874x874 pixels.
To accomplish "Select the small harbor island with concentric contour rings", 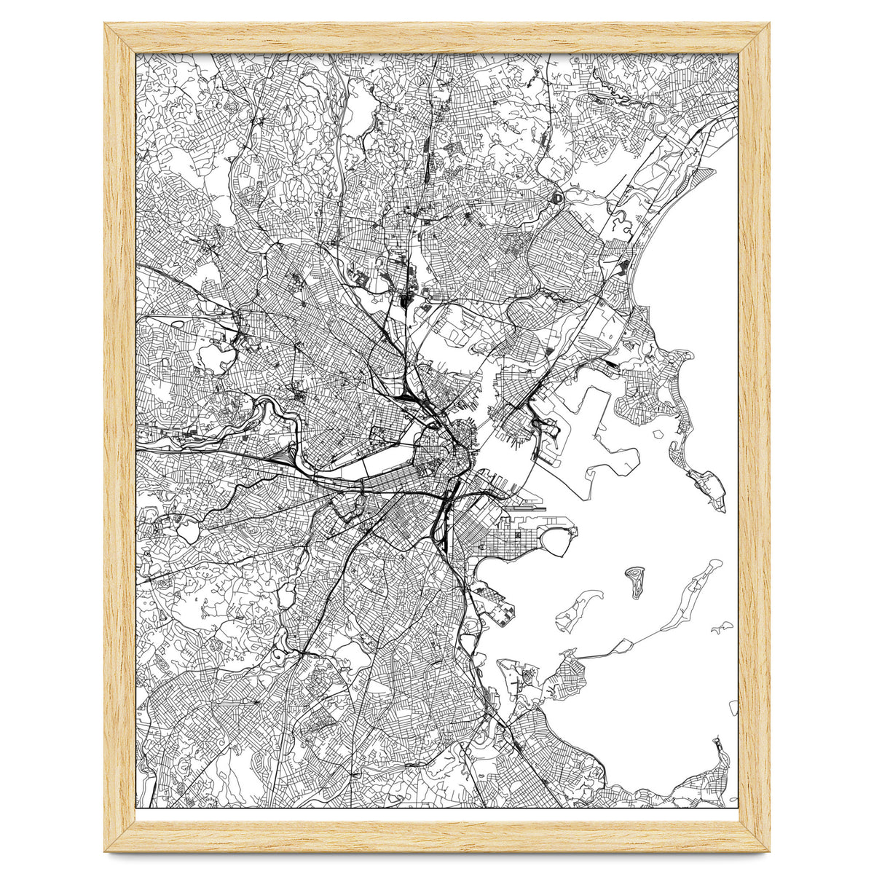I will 634,581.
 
